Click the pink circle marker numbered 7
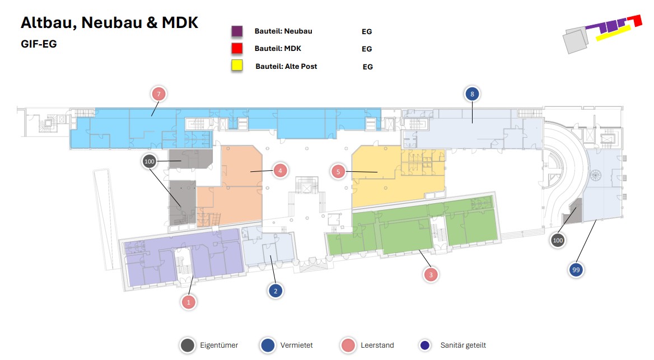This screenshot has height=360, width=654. pos(159,94)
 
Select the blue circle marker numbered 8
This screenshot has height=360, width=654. pos(472,94)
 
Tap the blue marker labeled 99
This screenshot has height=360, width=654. pos(576,270)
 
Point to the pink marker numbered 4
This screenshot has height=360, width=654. pos(280,170)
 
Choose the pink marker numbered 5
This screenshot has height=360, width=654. pos(338,171)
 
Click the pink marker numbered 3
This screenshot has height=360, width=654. pos(430,274)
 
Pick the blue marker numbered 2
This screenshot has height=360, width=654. pos(275,291)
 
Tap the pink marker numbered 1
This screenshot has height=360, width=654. pos(189,302)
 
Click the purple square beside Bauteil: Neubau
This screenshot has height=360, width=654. pos(237,31)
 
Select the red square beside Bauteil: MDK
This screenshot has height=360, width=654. pos(237,48)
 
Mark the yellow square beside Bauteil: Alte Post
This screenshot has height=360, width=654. pos(237,66)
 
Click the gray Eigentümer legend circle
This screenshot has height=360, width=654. pos(188,345)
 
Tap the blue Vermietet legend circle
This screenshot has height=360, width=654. pos(268,345)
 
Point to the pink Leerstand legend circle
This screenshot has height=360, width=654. pos(349,345)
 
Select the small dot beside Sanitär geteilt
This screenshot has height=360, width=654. pos(425,345)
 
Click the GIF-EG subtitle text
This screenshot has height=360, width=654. pos(39,44)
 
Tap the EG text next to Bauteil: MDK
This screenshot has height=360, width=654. pos(367,49)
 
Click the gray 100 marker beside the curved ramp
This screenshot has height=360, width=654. pos(557,241)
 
